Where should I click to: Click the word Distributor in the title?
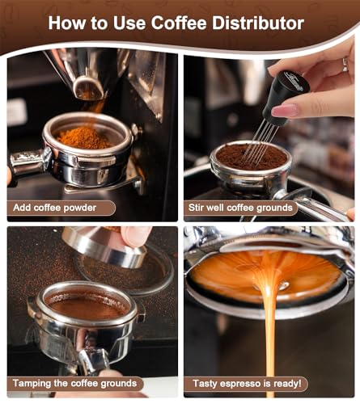tap(258, 23)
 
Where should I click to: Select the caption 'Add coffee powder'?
tap(55, 208)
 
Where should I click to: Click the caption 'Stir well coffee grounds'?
tap(240, 208)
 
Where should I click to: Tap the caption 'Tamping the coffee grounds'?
tap(74, 383)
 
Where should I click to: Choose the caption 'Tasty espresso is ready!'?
tap(247, 384)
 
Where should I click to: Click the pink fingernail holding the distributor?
tap(284, 111)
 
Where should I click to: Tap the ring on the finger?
tap(345, 64)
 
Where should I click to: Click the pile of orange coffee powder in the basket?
tap(83, 137)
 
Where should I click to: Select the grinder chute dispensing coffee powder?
tap(89, 87)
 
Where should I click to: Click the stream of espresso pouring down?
tap(269, 323)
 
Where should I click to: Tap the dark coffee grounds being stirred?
tap(252, 157)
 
